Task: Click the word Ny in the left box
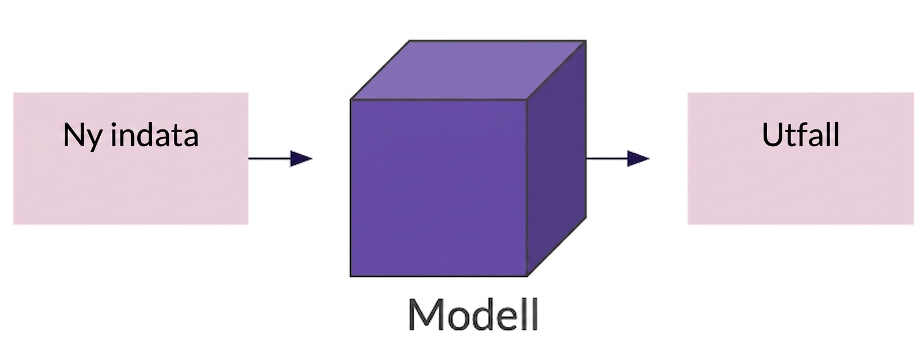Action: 83,136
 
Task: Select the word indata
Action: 155,134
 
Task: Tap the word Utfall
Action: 801,134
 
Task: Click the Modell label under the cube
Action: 473,314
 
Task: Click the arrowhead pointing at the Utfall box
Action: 638,159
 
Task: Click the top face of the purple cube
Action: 468,70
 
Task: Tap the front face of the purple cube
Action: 438,188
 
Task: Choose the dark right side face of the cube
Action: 557,159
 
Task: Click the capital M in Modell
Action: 425,314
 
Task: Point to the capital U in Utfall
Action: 772,135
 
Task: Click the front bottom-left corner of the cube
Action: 351,276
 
